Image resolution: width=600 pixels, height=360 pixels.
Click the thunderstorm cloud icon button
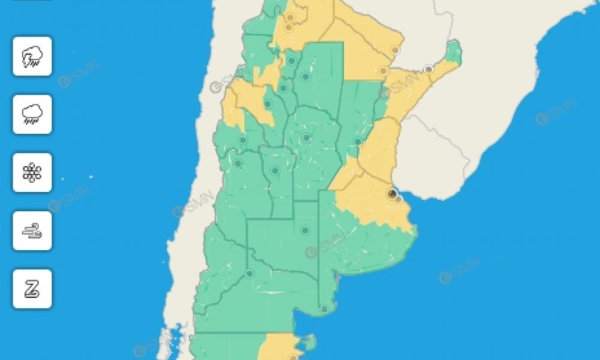32,56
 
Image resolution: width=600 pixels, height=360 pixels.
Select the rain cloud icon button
32,114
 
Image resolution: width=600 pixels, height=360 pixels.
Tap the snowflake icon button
32,173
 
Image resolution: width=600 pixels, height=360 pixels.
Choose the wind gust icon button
32,230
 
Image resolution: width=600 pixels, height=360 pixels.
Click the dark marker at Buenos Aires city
392,193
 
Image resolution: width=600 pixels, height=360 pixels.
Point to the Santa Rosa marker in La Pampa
305,230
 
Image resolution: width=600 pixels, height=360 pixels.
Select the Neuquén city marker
250,274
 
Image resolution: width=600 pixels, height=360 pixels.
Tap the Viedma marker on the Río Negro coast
324,310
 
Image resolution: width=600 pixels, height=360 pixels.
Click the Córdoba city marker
307,138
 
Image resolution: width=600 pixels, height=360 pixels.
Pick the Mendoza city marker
238,163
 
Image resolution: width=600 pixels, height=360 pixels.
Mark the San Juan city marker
243,140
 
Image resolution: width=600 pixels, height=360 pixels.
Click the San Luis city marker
275,170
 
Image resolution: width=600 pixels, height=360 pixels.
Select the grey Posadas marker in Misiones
428,70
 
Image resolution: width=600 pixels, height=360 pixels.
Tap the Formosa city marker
395,50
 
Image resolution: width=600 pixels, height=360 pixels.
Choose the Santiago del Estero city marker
305,77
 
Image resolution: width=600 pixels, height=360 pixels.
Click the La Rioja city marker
268,104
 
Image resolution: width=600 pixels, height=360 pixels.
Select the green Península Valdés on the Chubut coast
309,343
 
